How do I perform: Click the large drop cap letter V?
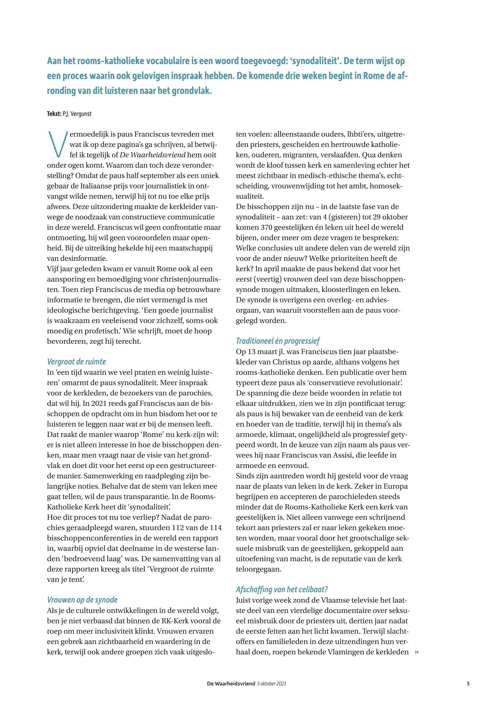(58, 144)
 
